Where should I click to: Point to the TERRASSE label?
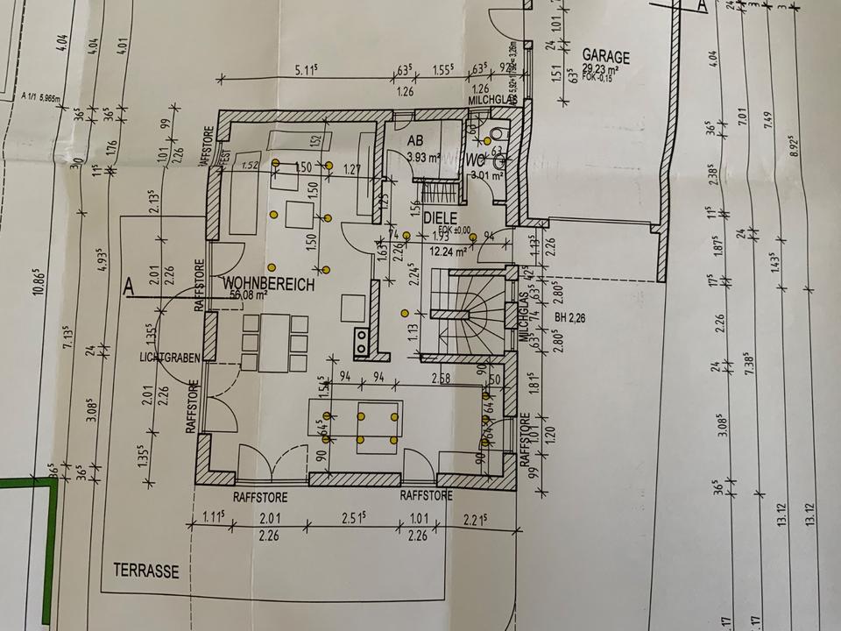(x=145, y=571)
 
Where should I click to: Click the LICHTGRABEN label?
(x=170, y=357)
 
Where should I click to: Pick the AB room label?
(x=416, y=141)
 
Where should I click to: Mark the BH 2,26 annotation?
(x=570, y=318)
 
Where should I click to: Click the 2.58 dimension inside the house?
(x=441, y=378)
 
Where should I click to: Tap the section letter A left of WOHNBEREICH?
(x=129, y=286)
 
